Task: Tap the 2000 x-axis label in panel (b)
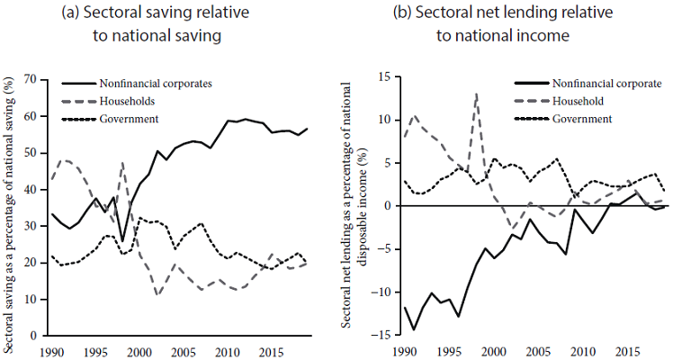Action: [x=494, y=348]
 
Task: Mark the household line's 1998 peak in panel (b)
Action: [x=476, y=94]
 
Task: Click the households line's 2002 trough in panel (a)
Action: [x=157, y=295]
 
